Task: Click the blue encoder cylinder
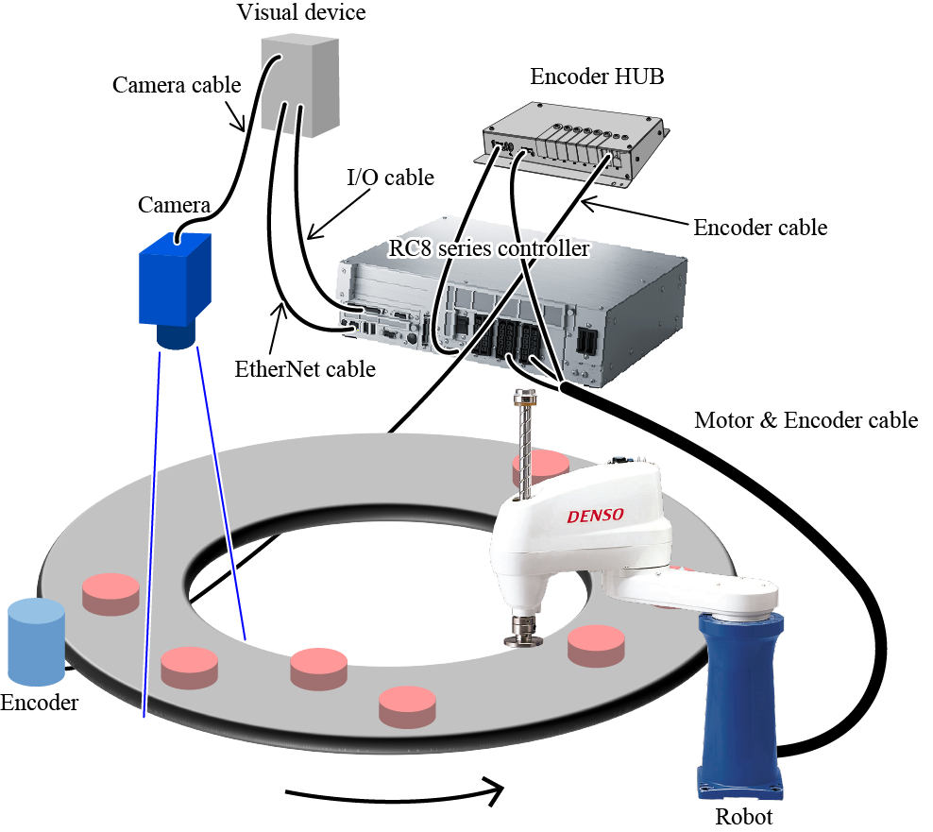click(35, 642)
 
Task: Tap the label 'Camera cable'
click(177, 85)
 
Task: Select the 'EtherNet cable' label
click(305, 369)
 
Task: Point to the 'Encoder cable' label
click(760, 228)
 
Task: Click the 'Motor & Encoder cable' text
click(806, 420)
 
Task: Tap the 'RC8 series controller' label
click(489, 249)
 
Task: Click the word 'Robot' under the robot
click(743, 817)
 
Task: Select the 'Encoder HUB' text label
click(597, 76)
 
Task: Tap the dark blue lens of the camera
click(176, 335)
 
